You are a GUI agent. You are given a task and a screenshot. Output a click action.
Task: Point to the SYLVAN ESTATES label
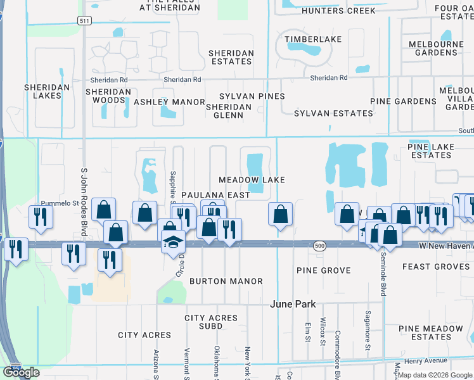(333, 113)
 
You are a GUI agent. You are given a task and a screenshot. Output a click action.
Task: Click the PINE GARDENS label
(404, 101)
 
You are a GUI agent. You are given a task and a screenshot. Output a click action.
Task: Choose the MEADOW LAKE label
(252, 180)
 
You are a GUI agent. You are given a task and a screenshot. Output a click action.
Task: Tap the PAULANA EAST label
(215, 195)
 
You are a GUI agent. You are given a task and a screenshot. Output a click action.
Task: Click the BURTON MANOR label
(226, 281)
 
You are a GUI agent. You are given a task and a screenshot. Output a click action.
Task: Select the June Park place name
(293, 304)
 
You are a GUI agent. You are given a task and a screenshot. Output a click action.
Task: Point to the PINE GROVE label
(323, 270)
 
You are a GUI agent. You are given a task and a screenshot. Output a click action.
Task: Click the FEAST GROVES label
(436, 267)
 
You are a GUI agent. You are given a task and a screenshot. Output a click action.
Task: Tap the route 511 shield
(84, 21)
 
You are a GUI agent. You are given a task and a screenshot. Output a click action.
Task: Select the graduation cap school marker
(173, 241)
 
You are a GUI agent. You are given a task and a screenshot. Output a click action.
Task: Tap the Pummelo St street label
(58, 203)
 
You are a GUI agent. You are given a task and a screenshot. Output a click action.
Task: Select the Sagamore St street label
(368, 329)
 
